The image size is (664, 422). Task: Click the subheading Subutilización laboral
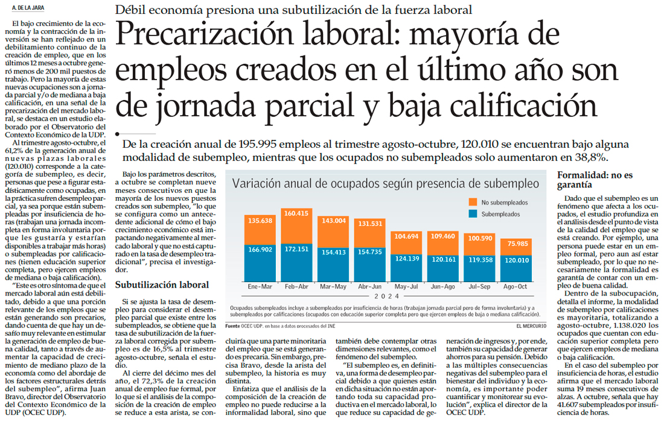pyautogui.click(x=162, y=284)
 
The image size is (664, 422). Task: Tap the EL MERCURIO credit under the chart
pyautogui.click(x=531, y=326)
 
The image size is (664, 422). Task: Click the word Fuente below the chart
pyautogui.click(x=233, y=326)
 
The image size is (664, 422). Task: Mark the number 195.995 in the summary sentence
pyautogui.click(x=255, y=145)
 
